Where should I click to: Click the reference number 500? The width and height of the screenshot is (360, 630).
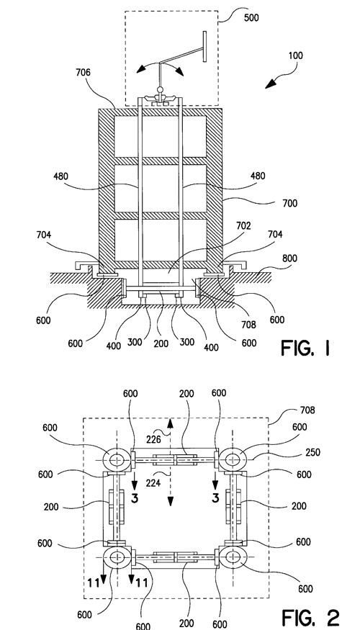coord(251,18)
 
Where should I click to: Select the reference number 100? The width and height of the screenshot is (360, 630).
coord(295,56)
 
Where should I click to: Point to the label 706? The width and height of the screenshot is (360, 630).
coord(83,72)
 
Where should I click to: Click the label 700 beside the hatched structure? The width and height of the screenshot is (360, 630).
coord(289,203)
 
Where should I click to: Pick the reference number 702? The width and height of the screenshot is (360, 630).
coord(243,226)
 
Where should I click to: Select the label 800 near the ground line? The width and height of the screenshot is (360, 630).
coord(289,258)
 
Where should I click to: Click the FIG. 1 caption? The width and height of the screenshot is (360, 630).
coord(305,348)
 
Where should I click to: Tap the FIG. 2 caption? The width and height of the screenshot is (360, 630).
coord(310,617)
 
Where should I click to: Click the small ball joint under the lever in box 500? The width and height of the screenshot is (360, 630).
coord(161,89)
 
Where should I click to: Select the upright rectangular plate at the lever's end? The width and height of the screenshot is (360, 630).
coord(205,47)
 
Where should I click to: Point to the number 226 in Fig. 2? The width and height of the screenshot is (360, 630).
coord(153,439)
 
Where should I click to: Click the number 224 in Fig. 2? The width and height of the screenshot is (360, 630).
coord(153,482)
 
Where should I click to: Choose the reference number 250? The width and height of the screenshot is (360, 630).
coord(312,452)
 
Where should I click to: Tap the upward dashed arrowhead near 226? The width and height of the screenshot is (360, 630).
coord(170,423)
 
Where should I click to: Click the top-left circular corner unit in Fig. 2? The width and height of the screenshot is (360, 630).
coord(117,459)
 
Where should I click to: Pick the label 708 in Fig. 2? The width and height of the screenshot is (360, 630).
coord(307,410)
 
